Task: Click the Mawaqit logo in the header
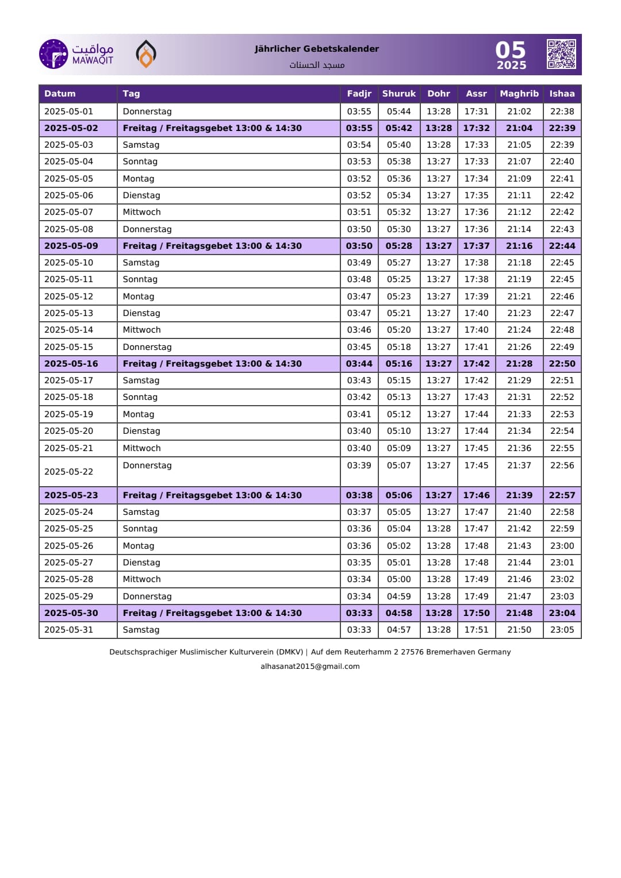76,54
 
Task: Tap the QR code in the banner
561,54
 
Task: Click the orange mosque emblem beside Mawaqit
146,54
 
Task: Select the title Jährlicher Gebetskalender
317,49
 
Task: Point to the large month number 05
511,50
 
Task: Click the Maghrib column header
519,94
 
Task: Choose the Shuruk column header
398,94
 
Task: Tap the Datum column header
60,94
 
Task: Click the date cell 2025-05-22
68,472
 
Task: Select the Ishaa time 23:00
562,546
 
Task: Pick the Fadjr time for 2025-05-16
359,364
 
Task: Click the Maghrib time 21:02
519,111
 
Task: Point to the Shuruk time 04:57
398,630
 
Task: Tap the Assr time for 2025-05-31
476,630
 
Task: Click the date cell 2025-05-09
71,246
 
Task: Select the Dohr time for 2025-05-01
438,111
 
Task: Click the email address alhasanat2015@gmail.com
310,667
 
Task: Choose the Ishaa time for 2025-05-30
562,613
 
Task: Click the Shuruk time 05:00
398,579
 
